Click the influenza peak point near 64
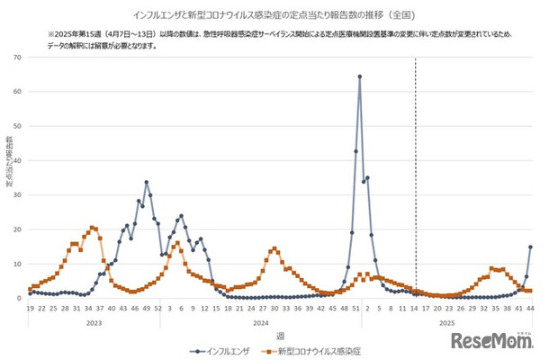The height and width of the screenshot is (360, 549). (x=359, y=76)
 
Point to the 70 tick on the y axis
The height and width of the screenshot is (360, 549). (x=19, y=58)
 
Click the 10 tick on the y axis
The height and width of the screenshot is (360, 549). (x=19, y=264)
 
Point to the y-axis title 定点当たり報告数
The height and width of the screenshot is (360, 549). (x=8, y=162)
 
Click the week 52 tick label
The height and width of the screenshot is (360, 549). (x=158, y=307)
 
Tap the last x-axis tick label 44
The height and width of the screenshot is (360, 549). (x=530, y=307)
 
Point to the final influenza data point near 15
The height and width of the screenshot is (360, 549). (x=530, y=247)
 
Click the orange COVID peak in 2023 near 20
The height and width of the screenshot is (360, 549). (x=92, y=228)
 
